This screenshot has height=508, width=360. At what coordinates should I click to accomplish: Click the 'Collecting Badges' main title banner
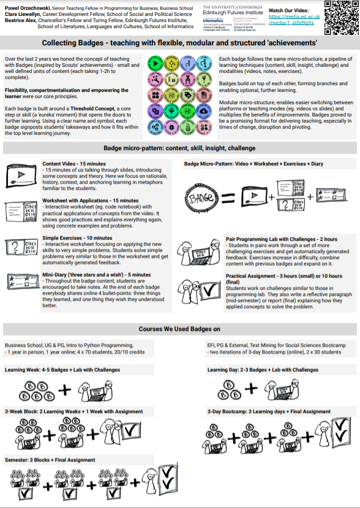179,43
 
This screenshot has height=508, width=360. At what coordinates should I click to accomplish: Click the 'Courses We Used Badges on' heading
179,329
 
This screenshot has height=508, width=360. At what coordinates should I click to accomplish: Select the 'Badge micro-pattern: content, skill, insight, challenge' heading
179,148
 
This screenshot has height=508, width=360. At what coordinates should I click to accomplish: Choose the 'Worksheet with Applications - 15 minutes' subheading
90,200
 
